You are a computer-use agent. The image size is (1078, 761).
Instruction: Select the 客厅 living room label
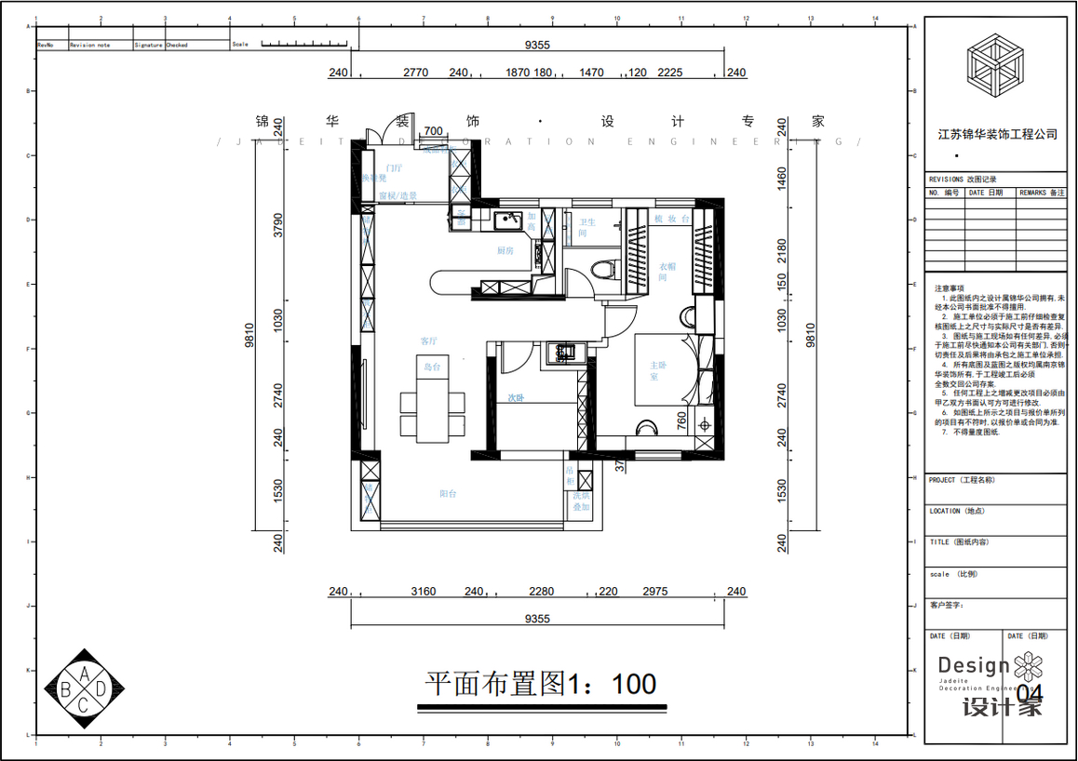pyautogui.click(x=429, y=340)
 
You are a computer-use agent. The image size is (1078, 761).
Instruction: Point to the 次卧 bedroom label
pyautogui.click(x=517, y=397)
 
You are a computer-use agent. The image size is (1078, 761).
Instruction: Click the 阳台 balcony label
pyautogui.click(x=448, y=494)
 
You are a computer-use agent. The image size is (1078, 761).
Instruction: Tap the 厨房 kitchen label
pyautogui.click(x=505, y=250)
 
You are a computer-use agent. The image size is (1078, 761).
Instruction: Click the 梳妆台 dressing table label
pyautogui.click(x=670, y=219)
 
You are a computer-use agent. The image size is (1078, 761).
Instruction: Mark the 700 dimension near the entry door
pyautogui.click(x=433, y=131)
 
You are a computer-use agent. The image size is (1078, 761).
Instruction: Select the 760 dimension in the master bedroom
pyautogui.click(x=680, y=421)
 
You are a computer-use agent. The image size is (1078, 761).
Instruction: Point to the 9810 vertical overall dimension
pyautogui.click(x=249, y=336)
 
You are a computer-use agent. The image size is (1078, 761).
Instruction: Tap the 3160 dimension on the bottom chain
pyautogui.click(x=424, y=592)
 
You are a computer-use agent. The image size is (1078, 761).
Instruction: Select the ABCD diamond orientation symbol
pyautogui.click(x=85, y=688)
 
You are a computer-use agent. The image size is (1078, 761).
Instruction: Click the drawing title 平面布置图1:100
pyautogui.click(x=541, y=685)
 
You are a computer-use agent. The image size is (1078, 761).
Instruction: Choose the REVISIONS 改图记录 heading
pyautogui.click(x=968, y=179)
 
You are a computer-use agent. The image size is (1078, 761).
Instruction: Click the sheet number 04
pyautogui.click(x=1030, y=694)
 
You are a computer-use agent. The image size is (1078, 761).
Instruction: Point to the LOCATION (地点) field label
pyautogui.click(x=958, y=511)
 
